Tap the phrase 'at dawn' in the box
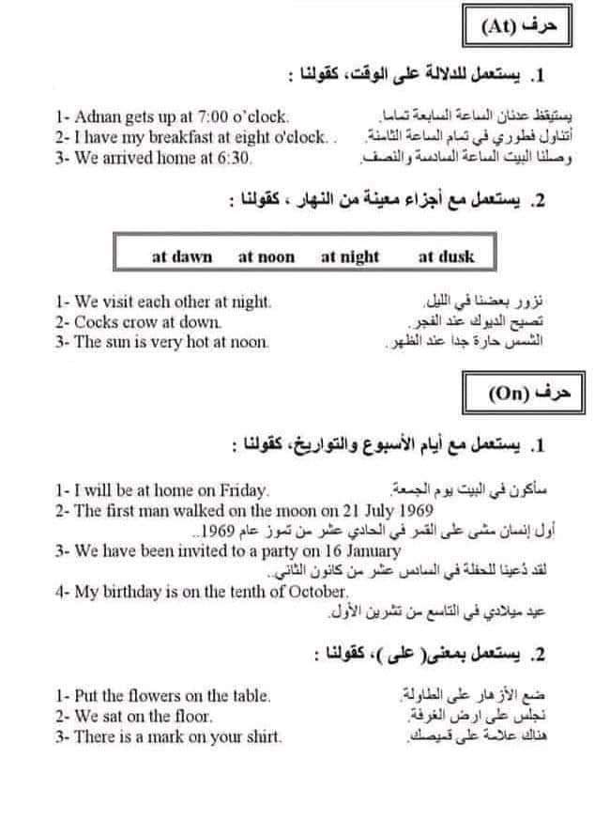coord(182,256)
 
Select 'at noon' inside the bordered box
coord(267,256)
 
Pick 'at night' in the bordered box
coord(350,256)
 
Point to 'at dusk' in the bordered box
coord(446,256)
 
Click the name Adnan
coord(97,117)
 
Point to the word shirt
coord(262,737)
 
